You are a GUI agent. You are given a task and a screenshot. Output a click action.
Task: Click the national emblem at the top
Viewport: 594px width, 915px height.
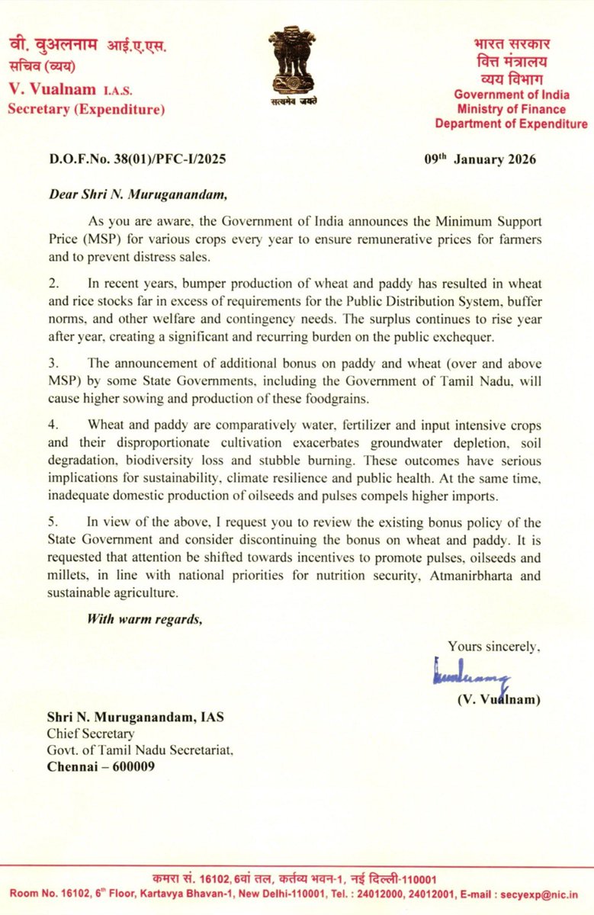pyautogui.click(x=297, y=66)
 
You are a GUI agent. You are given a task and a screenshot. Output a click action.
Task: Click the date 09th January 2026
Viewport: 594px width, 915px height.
pyautogui.click(x=480, y=159)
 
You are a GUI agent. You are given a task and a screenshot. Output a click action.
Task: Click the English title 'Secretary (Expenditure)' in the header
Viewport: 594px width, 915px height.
pyautogui.click(x=86, y=110)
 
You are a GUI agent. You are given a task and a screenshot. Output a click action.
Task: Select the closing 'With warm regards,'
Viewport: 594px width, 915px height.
pyautogui.click(x=144, y=618)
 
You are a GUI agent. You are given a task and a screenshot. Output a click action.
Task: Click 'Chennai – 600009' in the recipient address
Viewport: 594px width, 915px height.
pyautogui.click(x=97, y=767)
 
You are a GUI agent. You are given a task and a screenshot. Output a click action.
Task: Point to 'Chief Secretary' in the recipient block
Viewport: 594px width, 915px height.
pyautogui.click(x=86, y=734)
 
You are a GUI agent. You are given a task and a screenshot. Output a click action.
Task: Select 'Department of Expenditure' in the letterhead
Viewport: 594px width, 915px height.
pyautogui.click(x=511, y=124)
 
